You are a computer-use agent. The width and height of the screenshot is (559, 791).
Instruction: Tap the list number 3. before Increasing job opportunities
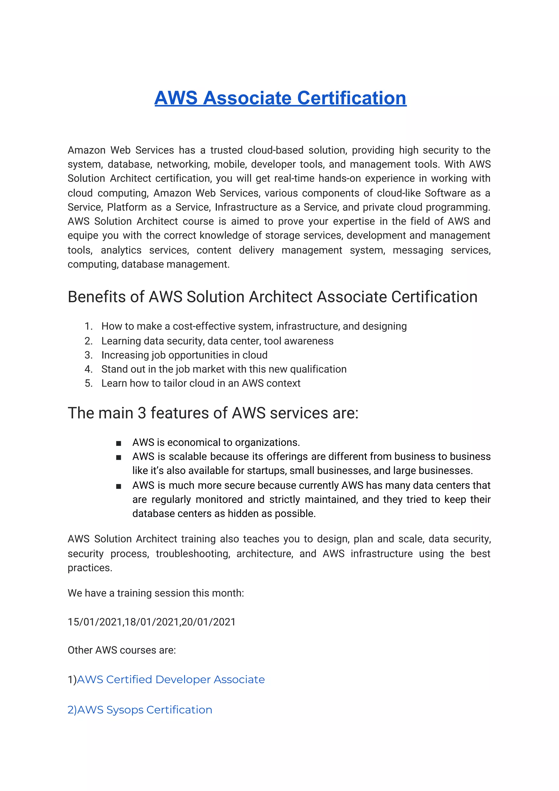(x=88, y=355)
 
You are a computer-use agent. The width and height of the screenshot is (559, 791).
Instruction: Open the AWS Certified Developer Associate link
(x=171, y=679)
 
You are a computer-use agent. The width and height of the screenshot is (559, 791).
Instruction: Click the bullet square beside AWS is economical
(x=118, y=443)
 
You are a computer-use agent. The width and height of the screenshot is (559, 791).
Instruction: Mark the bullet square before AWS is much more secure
(x=118, y=486)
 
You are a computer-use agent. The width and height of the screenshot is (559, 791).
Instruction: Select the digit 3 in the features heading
(x=142, y=413)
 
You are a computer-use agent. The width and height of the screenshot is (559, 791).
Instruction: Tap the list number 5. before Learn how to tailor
(x=88, y=383)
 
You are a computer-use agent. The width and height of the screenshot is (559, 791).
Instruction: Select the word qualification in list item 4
(x=318, y=369)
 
